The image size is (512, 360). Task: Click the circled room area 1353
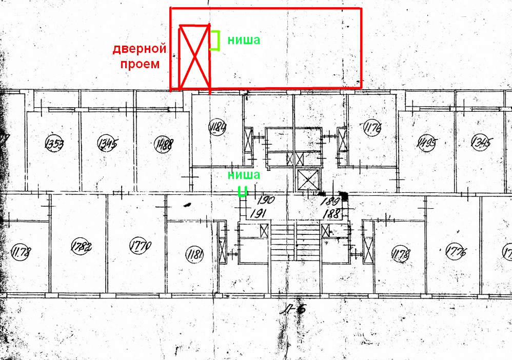coord(54,143)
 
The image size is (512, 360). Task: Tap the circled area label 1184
coord(218,126)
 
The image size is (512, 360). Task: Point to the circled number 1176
coord(372,127)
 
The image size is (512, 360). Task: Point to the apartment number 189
coord(333,201)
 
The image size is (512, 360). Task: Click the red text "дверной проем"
coord(140,57)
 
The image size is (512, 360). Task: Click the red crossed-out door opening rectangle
coord(194,57)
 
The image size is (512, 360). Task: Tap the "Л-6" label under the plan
coord(297,309)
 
